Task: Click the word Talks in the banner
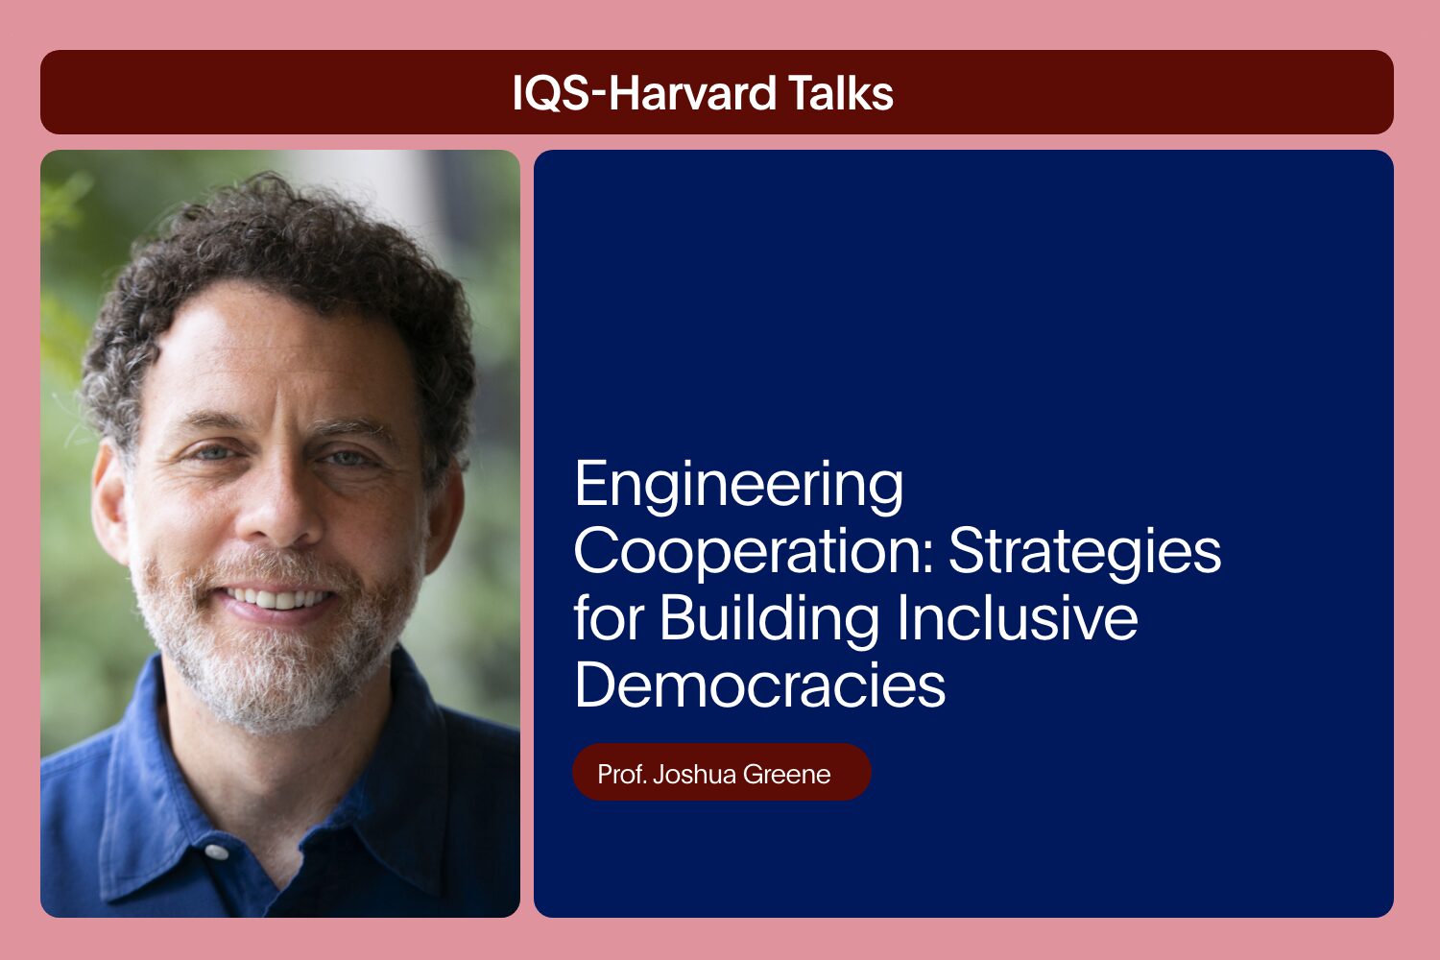841,92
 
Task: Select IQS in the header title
550,93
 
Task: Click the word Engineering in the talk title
738,486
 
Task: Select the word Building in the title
770,619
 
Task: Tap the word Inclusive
1017,618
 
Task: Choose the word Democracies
760,684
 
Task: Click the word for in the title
608,618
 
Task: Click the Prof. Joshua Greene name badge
721,772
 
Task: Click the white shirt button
216,852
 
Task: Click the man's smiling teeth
277,599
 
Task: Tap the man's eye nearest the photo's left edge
214,453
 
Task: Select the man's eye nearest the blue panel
348,459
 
